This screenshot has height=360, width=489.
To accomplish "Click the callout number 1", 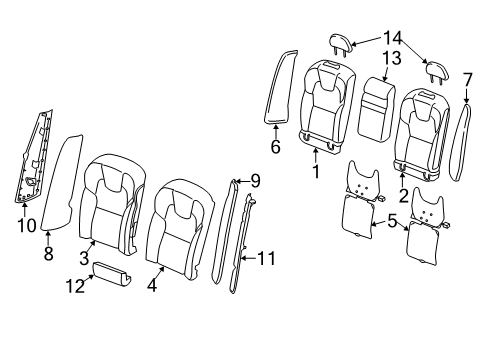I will click(x=315, y=171).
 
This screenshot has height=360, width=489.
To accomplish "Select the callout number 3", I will click(x=86, y=257).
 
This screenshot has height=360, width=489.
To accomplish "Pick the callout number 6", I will click(x=275, y=144).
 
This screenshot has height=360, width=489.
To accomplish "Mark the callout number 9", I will click(x=255, y=181).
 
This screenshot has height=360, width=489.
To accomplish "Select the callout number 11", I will click(x=265, y=258).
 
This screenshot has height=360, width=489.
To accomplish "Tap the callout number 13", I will click(x=389, y=59).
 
